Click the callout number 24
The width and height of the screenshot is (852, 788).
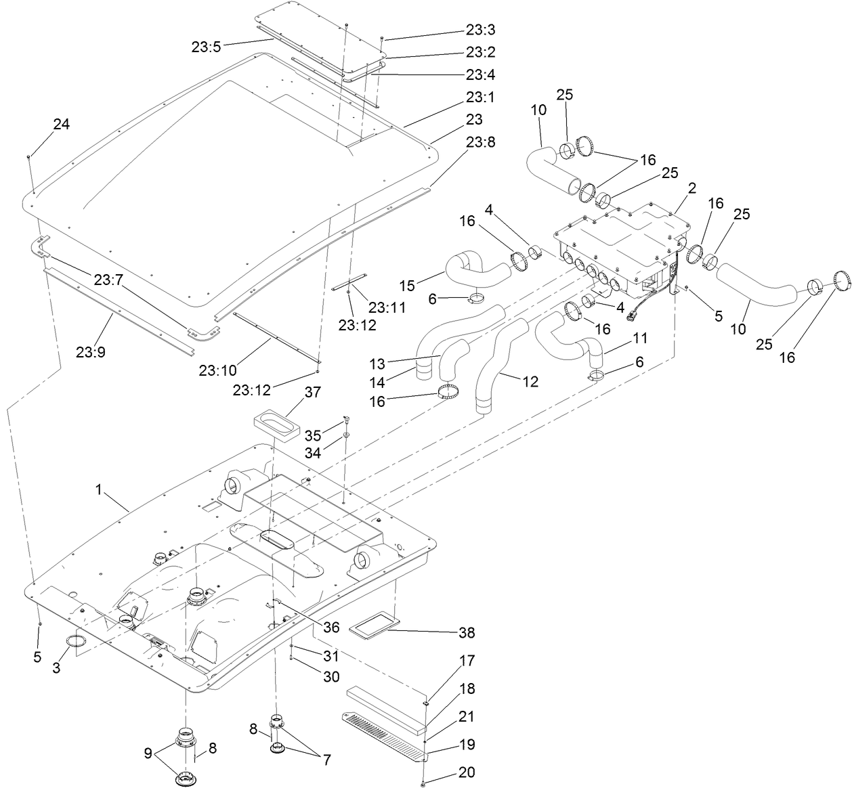click(x=62, y=124)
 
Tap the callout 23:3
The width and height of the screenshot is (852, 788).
click(x=480, y=30)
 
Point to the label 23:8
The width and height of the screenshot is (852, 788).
click(x=480, y=141)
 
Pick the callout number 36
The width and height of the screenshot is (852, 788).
click(x=331, y=628)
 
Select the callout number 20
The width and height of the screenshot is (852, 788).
click(x=467, y=772)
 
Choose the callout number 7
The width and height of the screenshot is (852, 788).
click(x=326, y=760)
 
